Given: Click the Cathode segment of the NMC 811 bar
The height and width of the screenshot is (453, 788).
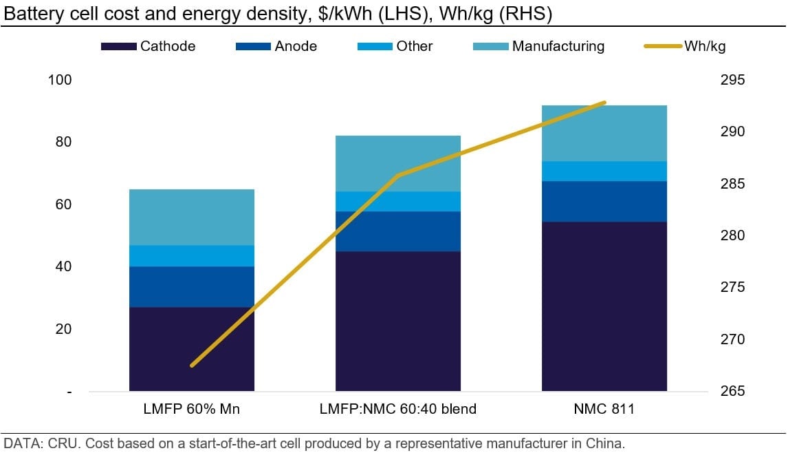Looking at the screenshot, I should pyautogui.click(x=604, y=306).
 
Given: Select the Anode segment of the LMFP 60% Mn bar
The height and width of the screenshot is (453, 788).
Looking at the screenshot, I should pyautogui.click(x=191, y=286).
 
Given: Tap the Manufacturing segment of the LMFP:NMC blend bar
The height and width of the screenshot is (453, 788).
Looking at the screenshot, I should pyautogui.click(x=397, y=163).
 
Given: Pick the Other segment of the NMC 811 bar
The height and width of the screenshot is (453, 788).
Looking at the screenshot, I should pyautogui.click(x=604, y=171).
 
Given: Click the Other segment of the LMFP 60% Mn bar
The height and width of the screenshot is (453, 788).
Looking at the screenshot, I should pyautogui.click(x=191, y=255).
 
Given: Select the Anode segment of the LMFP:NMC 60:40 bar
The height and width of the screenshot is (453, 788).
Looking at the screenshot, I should pyautogui.click(x=397, y=231).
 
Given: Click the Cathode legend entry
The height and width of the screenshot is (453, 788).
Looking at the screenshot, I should pyautogui.click(x=148, y=47).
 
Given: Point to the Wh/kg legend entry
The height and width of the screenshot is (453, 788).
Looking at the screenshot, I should pyautogui.click(x=684, y=47).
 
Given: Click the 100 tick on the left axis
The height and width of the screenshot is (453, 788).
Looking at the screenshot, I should pyautogui.click(x=59, y=80).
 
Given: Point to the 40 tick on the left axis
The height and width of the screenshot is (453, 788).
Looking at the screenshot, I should pyautogui.click(x=63, y=267).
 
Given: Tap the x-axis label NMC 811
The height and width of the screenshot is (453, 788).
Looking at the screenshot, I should pyautogui.click(x=604, y=410).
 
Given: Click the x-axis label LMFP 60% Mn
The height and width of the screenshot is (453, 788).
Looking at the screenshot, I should pyautogui.click(x=191, y=410).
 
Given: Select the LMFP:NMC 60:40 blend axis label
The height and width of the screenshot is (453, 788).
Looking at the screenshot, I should pyautogui.click(x=397, y=410).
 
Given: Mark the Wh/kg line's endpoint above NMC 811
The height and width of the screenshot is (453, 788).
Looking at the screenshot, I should pyautogui.click(x=604, y=103).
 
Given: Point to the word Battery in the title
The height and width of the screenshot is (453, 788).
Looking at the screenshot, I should pyautogui.click(x=28, y=13).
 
